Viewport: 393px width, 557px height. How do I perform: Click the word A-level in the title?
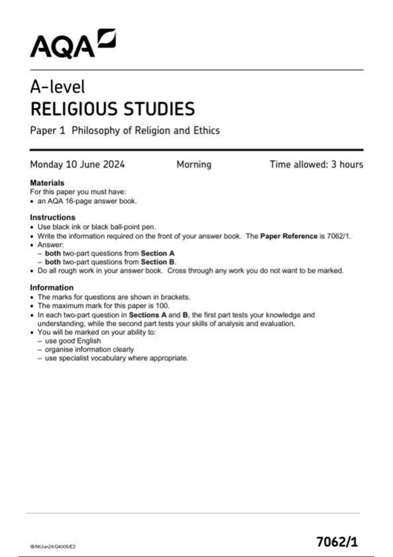(x=58, y=87)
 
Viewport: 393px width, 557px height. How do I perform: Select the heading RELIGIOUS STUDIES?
(x=113, y=109)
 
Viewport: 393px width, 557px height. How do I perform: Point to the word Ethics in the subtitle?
(x=206, y=130)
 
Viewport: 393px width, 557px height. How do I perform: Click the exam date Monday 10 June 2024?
(x=77, y=164)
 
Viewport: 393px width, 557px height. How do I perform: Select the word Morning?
(x=194, y=164)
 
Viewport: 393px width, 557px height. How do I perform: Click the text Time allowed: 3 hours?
(x=316, y=164)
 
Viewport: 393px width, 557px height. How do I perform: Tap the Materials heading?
(x=47, y=183)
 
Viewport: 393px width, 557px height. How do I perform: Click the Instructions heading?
(x=53, y=217)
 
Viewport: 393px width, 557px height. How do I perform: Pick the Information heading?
(x=52, y=287)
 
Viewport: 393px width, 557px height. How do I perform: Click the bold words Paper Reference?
(x=289, y=236)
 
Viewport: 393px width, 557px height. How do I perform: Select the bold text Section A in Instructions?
(x=158, y=253)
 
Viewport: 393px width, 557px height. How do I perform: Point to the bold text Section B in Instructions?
(x=158, y=262)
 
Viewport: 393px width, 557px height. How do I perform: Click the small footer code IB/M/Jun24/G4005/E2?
(x=53, y=547)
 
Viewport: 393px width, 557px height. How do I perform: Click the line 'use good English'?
(x=73, y=341)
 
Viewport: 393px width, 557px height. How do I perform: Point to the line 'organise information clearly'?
(x=89, y=349)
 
